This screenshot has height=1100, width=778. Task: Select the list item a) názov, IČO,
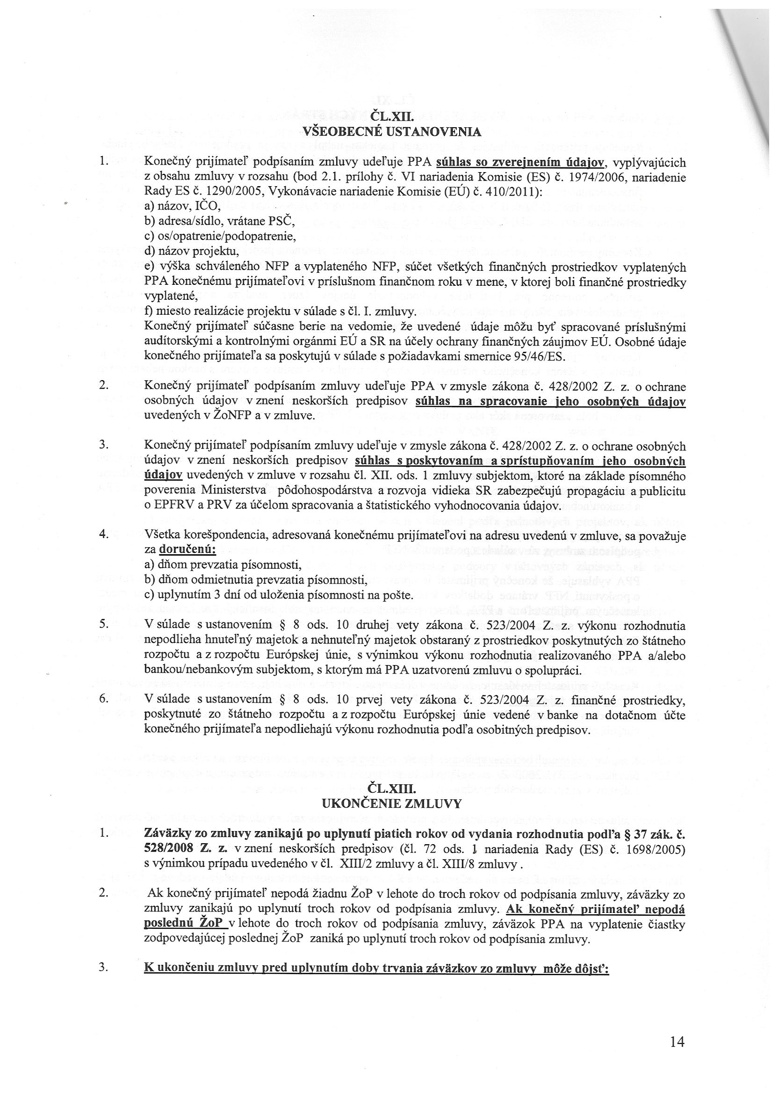click(182, 206)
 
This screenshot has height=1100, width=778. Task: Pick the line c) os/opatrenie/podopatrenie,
click(220, 236)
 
